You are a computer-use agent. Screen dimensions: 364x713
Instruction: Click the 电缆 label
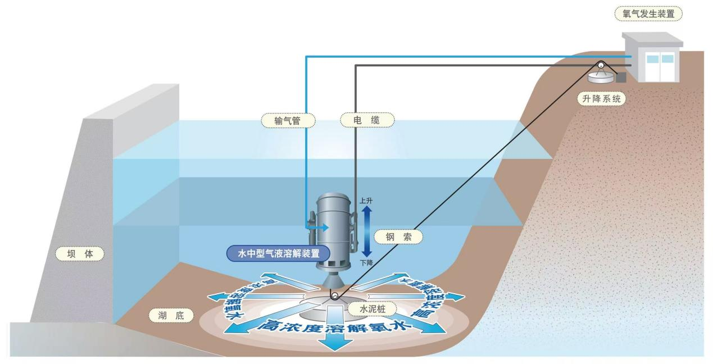(367, 120)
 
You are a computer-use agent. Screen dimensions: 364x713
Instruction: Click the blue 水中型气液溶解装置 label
(279, 254)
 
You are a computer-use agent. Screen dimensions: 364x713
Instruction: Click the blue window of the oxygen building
(659, 59)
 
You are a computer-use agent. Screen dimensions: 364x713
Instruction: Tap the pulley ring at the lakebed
(335, 295)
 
